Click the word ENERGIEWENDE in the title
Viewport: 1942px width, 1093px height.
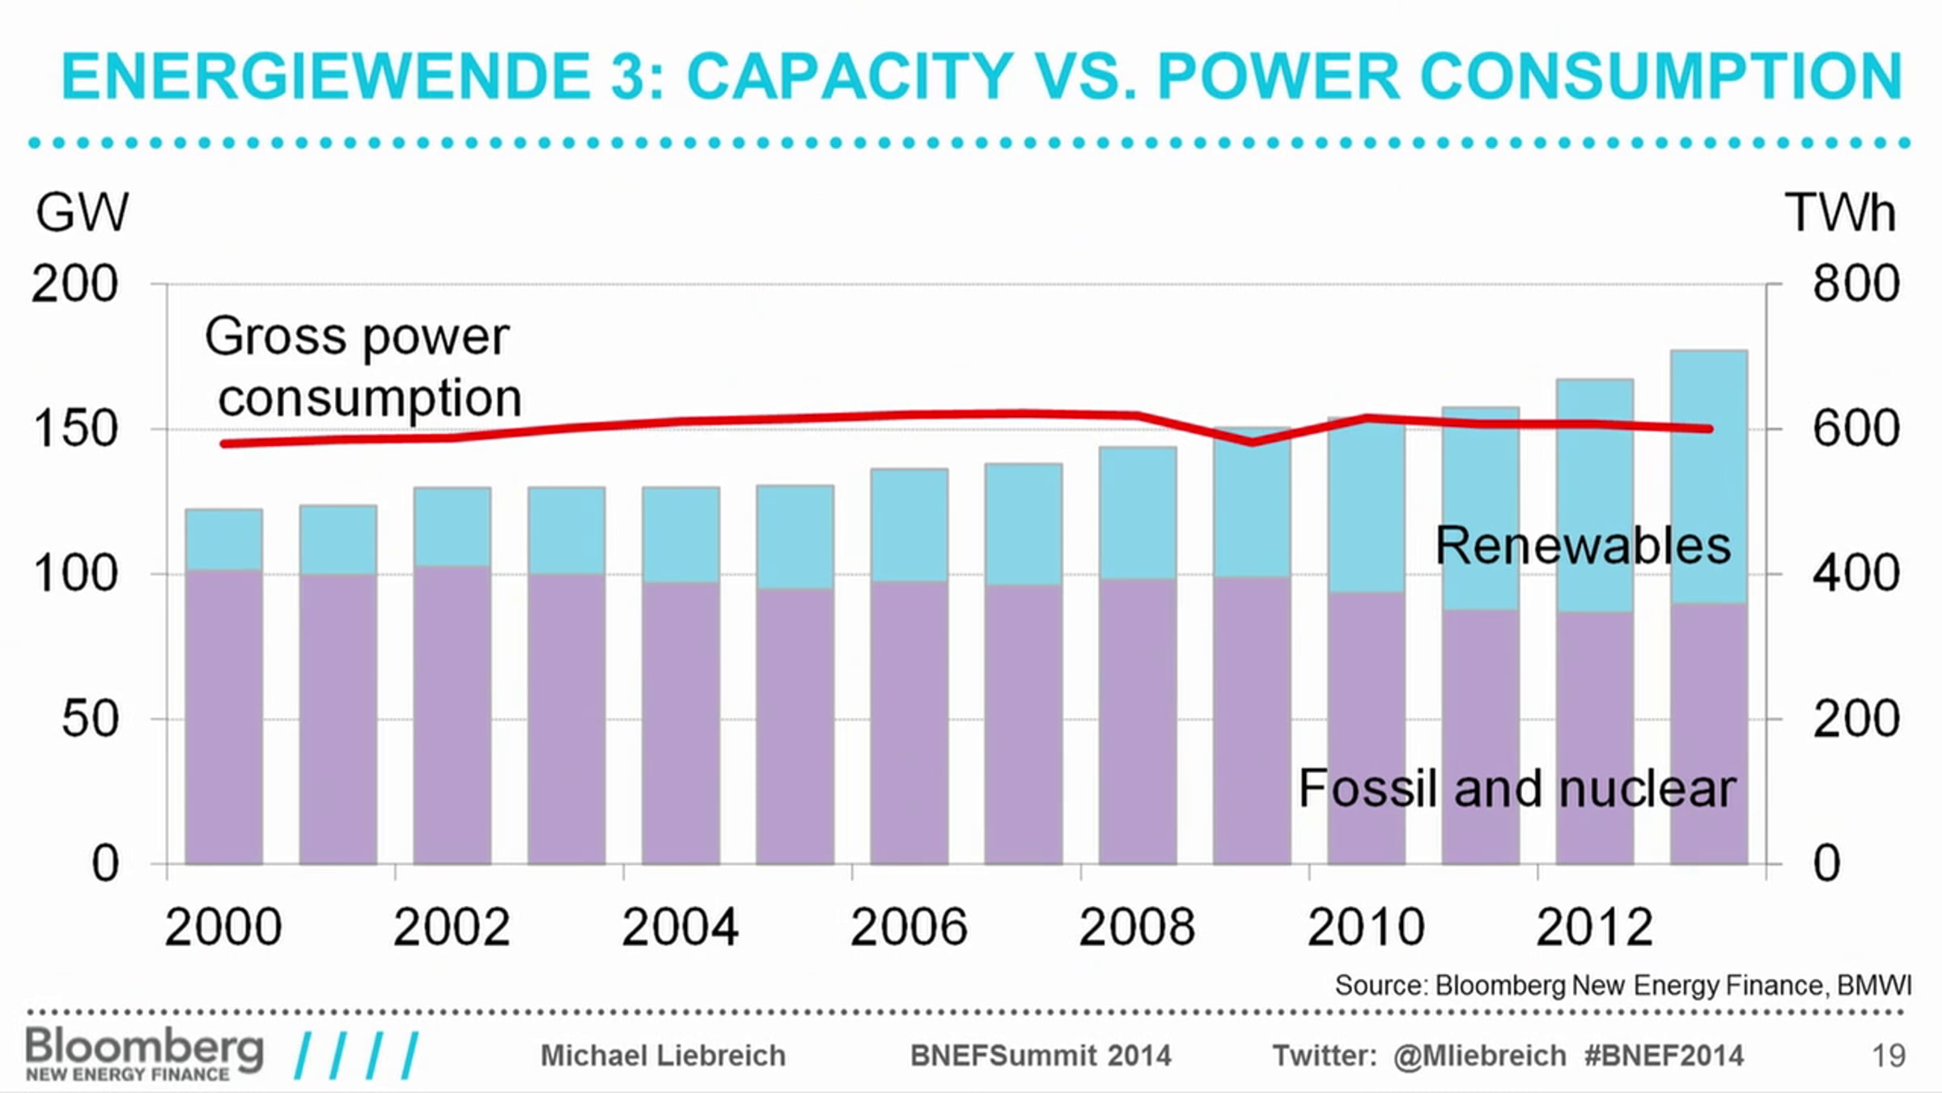[x=326, y=77]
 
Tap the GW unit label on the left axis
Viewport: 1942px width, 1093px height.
[x=82, y=213]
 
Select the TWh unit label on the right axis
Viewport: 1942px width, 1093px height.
[x=1839, y=213]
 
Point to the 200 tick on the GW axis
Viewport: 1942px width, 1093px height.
[x=74, y=284]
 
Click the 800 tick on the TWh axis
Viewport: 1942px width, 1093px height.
[x=1855, y=284]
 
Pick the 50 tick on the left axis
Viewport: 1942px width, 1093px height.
[x=90, y=719]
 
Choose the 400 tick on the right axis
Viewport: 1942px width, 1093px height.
[x=1855, y=574]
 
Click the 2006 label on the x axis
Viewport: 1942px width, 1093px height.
[x=908, y=927]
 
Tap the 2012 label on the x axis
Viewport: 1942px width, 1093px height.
[x=1593, y=927]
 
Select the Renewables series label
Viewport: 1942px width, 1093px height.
[x=1582, y=546]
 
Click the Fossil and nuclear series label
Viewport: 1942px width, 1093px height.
[x=1516, y=789]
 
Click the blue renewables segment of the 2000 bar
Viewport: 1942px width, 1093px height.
[x=224, y=539]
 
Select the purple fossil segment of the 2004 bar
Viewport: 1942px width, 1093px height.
[x=681, y=721]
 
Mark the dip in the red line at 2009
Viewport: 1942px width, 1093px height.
[x=1252, y=442]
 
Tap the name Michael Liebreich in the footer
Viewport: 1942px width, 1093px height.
[x=663, y=1056]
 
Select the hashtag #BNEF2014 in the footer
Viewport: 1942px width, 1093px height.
[x=1664, y=1056]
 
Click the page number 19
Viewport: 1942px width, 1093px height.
[x=1889, y=1056]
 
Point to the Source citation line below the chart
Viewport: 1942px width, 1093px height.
[x=1622, y=985]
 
